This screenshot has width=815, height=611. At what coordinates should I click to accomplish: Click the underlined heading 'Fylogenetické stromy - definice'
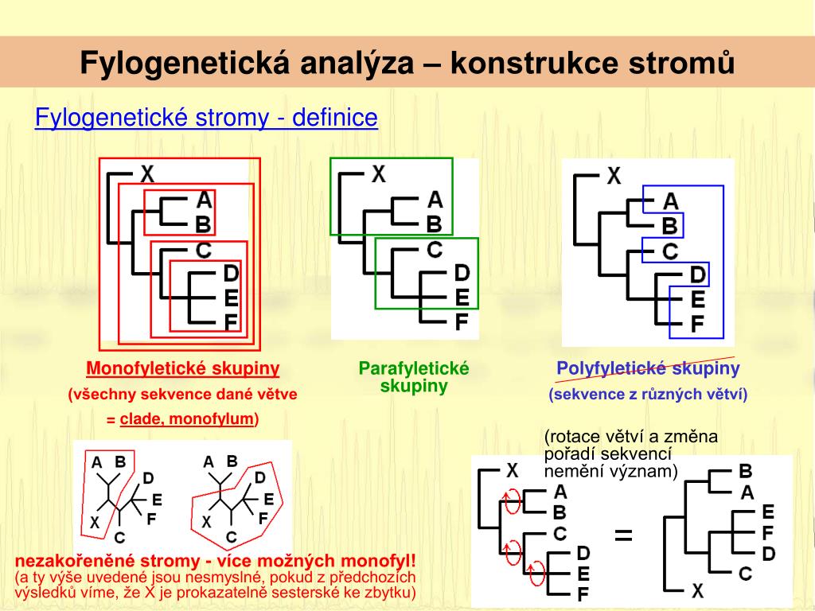[x=206, y=119]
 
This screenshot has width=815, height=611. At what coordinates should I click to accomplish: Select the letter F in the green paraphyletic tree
[x=461, y=322]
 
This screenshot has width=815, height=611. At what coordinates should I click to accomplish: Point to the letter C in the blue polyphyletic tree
[x=670, y=251]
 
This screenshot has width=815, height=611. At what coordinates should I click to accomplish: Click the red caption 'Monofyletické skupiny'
[x=182, y=368]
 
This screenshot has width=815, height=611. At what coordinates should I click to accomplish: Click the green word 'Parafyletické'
[x=414, y=368]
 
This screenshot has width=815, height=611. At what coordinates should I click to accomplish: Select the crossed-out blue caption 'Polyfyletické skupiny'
[x=648, y=368]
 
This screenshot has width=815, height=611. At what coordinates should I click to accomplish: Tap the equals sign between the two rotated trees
[x=623, y=535]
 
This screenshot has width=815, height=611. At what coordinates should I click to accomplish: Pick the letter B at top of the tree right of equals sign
[x=746, y=471]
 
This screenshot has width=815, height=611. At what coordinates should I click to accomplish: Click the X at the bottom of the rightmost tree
[x=697, y=590]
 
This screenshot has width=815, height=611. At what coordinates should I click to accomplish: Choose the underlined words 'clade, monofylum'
[x=187, y=418]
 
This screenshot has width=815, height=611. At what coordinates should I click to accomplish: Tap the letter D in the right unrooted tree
[x=259, y=478]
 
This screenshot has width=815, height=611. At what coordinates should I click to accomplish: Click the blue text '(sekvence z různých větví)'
[x=648, y=395]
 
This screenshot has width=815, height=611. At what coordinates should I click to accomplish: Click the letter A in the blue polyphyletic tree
[x=670, y=202]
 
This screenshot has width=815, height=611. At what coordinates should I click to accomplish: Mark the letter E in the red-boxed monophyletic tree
[x=231, y=298]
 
